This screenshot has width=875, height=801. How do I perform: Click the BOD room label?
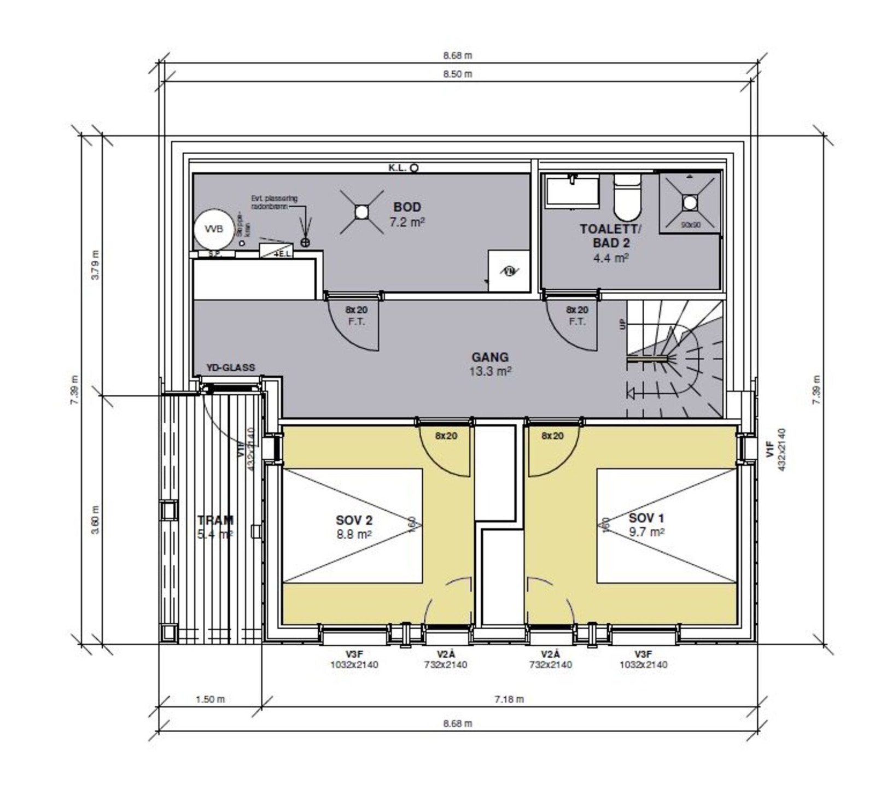click(x=407, y=207)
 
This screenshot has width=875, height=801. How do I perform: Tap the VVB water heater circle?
click(x=213, y=229)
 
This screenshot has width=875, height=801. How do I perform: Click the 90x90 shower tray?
click(x=690, y=203)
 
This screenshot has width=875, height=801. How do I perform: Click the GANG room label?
click(x=490, y=357)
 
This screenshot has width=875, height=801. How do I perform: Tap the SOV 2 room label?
click(x=354, y=520)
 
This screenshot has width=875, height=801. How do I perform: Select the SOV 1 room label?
click(x=646, y=518)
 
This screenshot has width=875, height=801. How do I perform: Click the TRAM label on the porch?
click(x=215, y=521)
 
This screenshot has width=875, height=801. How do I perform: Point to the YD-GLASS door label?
click(x=231, y=367)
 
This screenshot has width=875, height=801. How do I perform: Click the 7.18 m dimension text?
click(x=509, y=699)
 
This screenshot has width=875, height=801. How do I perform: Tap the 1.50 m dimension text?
click(x=210, y=699)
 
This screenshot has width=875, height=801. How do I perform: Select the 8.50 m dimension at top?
click(x=458, y=74)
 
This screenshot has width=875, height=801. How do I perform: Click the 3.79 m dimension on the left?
click(x=95, y=265)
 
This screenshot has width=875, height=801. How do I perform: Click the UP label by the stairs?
click(x=622, y=324)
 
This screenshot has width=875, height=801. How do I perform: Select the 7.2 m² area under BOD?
click(x=407, y=222)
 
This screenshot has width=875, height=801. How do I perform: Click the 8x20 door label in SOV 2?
click(x=446, y=436)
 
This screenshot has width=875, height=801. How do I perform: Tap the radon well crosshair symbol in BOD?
click(x=305, y=242)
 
